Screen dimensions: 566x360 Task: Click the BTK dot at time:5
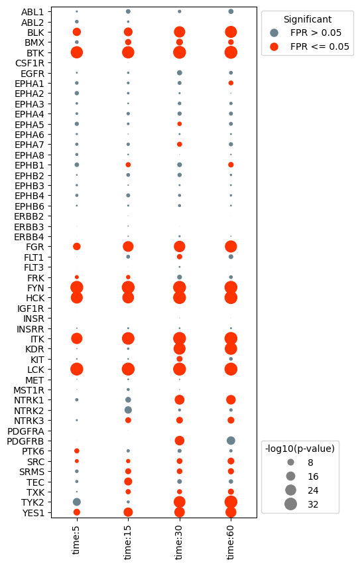pos(77,52)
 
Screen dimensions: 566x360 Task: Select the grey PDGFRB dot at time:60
pos(231,441)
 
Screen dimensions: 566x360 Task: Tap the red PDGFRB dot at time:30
pos(179,441)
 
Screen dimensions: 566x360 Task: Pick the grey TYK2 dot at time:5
pos(77,502)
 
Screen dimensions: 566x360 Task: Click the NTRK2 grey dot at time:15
pos(128,410)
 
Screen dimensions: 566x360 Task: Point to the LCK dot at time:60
pos(231,369)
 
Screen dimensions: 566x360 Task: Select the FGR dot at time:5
pos(77,246)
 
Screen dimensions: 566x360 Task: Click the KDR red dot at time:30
pos(179,348)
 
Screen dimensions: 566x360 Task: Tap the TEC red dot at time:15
pos(128,481)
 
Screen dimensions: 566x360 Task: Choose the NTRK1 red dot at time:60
pos(231,399)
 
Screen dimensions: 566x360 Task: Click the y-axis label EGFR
pos(32,73)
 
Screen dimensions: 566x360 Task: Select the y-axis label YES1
pos(32,512)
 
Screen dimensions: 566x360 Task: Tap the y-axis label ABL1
pos(32,12)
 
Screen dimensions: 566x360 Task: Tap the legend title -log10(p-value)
pos(300,449)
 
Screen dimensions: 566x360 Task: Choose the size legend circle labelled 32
pos(290,504)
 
